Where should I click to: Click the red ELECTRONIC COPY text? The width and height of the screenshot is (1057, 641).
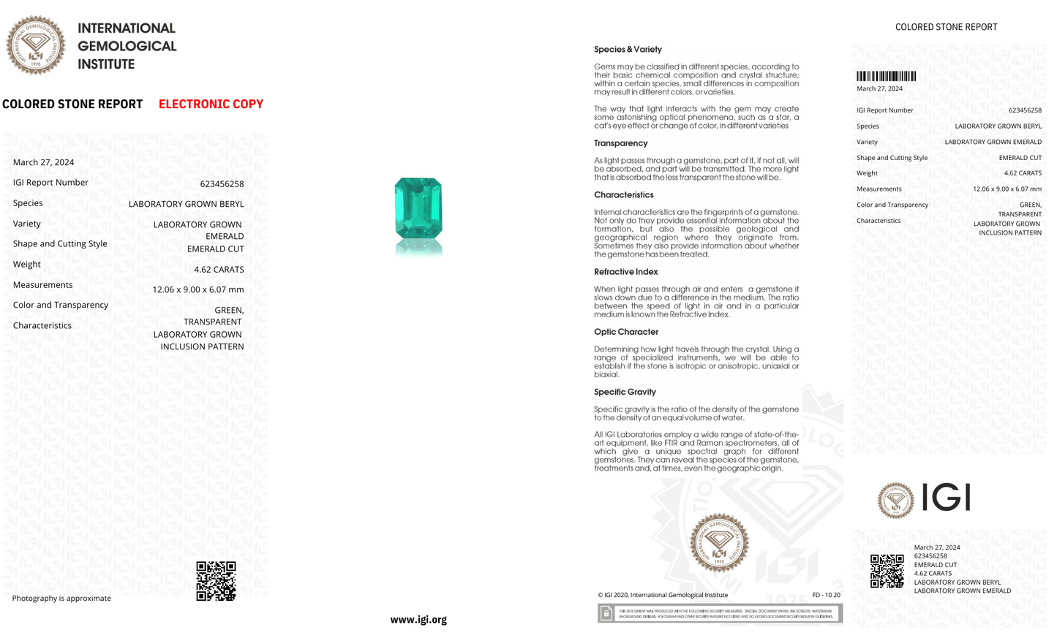[x=211, y=104]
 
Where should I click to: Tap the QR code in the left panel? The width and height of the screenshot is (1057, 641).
[x=216, y=581]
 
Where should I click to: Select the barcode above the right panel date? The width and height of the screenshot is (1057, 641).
[x=886, y=76]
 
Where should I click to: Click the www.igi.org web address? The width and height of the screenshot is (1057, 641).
[x=418, y=619]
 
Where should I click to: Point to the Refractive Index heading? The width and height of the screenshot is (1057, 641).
[x=625, y=272]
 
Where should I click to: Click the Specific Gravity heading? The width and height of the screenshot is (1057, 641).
[x=625, y=392]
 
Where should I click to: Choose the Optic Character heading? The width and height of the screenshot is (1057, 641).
[x=625, y=332]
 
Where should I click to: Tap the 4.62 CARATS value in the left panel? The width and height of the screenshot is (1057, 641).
[x=219, y=269]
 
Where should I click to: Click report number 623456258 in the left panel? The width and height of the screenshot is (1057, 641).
[x=222, y=183]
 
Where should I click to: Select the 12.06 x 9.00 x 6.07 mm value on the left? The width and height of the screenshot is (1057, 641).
[x=198, y=289]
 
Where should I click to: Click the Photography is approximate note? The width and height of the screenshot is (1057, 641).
[x=61, y=598]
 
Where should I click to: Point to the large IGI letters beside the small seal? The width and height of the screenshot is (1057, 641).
[x=946, y=498]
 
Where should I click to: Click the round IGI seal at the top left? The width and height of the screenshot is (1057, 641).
[x=35, y=45]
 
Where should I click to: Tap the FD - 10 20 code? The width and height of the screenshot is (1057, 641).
[x=826, y=595]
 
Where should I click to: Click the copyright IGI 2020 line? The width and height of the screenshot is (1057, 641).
[x=662, y=595]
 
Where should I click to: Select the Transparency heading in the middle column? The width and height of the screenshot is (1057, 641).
[x=620, y=143]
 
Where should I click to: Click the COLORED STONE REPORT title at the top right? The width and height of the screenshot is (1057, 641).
[x=946, y=27]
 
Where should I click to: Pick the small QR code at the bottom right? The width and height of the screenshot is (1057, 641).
[x=887, y=571]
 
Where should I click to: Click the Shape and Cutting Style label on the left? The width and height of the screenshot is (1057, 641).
[x=60, y=243]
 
